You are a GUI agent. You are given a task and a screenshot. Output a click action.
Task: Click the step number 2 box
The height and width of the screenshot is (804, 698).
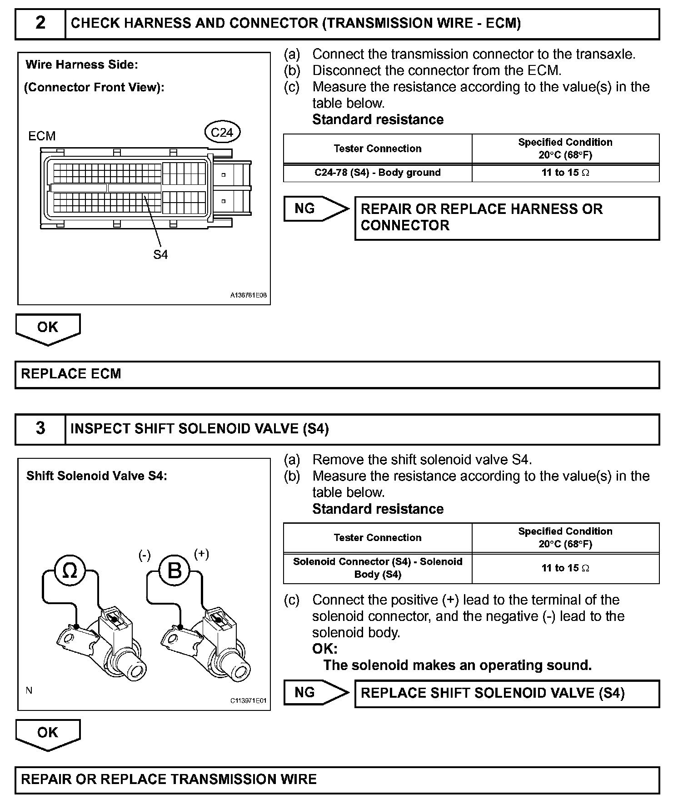point(40,23)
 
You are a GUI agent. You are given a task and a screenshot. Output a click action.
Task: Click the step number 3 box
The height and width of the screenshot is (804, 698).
point(40,428)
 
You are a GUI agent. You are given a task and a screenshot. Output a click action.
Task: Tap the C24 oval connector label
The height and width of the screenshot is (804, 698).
point(222,132)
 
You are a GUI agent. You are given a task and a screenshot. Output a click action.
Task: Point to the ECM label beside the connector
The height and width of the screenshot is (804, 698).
point(42,136)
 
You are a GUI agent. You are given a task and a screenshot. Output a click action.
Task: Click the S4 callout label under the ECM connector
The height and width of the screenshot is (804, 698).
point(160,255)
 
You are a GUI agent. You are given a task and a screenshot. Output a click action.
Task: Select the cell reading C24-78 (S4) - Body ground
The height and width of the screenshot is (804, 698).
point(377,173)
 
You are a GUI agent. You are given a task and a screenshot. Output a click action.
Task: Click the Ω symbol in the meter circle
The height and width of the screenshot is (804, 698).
point(70,571)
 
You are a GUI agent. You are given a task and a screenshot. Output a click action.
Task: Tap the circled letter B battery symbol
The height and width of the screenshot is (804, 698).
point(174,571)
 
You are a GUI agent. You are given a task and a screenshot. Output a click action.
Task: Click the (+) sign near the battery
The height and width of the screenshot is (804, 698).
point(201,554)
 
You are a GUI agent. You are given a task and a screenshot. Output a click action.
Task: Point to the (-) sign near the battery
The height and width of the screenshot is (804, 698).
point(145,556)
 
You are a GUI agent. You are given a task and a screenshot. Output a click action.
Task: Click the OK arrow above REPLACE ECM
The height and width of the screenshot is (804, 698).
point(48,328)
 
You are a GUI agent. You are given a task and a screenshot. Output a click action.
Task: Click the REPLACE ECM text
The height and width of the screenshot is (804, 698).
point(71,374)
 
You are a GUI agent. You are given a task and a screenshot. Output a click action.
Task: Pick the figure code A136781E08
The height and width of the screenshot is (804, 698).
point(248,295)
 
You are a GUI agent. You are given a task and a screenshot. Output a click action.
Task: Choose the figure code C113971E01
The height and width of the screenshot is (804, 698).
point(248,700)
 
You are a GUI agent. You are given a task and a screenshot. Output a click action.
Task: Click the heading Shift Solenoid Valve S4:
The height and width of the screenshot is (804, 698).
point(97,476)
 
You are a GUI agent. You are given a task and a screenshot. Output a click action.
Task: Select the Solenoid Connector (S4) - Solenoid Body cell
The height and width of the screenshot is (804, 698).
point(377,568)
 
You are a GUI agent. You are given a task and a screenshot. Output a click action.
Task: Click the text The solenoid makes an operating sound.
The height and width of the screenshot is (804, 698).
point(457,665)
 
